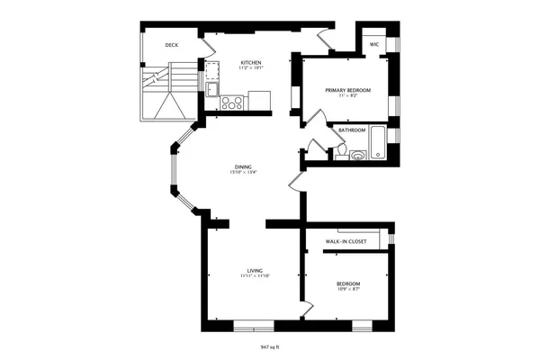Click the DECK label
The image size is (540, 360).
click(x=171, y=44)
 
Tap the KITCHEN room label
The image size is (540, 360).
click(x=250, y=62)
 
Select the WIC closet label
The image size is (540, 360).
click(x=373, y=42)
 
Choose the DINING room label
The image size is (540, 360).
click(x=243, y=166)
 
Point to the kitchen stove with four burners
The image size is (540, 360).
click(x=233, y=103)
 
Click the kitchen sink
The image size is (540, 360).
click(x=211, y=88)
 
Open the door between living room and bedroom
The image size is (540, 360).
click(x=308, y=308)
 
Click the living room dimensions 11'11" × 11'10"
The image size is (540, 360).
click(x=255, y=276)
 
